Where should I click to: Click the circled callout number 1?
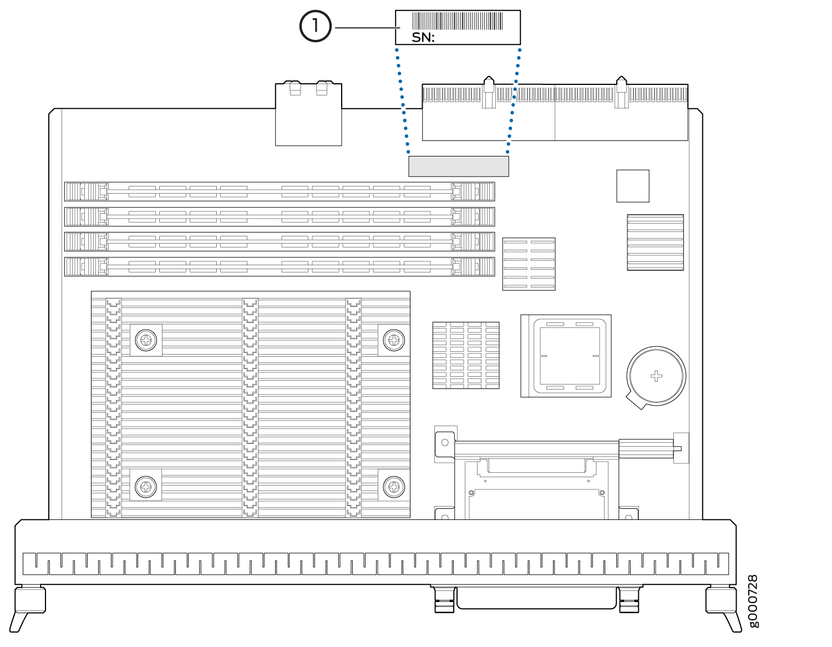click(315, 26)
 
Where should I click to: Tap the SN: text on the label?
click(423, 38)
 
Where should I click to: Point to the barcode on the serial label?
click(458, 21)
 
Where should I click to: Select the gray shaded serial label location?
click(458, 166)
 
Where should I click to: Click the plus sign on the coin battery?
click(656, 376)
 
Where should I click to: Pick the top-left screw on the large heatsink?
click(146, 340)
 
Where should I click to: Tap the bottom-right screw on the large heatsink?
click(394, 487)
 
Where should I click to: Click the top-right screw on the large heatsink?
click(394, 340)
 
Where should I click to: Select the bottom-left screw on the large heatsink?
click(146, 487)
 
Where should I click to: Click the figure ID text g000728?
click(753, 601)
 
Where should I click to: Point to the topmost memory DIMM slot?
click(280, 191)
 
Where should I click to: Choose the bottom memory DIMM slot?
click(280, 266)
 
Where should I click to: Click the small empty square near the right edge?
click(632, 186)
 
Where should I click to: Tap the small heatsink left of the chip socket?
click(465, 355)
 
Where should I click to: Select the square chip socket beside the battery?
click(566, 356)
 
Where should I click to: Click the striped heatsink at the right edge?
click(655, 242)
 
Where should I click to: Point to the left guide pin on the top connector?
click(489, 92)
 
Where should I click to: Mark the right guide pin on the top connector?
click(621, 92)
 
